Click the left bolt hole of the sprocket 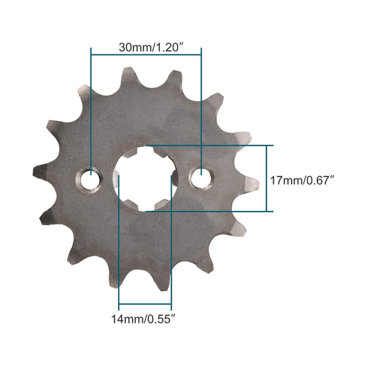point(90,179)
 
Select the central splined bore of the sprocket point(145,179)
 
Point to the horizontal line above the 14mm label point(145,305)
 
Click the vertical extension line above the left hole point(91,110)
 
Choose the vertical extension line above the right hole point(201,110)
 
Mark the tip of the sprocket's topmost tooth point(129,71)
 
